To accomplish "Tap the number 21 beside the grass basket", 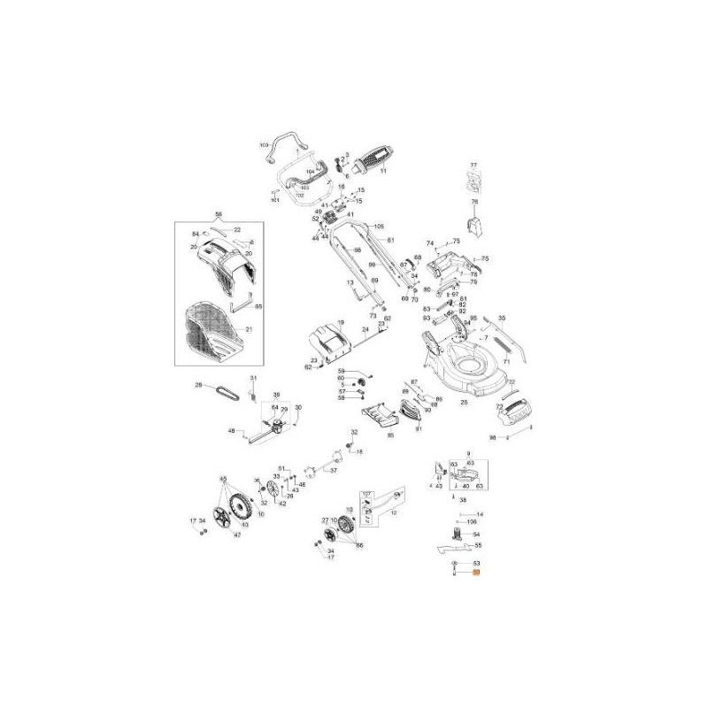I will pyautogui.click(x=249, y=329).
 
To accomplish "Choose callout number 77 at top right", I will pyautogui.click(x=473, y=165).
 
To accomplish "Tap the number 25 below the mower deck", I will pyautogui.click(x=464, y=402).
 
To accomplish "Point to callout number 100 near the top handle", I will pyautogui.click(x=263, y=144).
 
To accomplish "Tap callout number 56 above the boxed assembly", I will pyautogui.click(x=218, y=213).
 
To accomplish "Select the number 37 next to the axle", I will pyautogui.click(x=334, y=472).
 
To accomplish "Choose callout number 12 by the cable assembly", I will pyautogui.click(x=393, y=513).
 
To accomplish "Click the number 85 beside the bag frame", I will pyautogui.click(x=258, y=306).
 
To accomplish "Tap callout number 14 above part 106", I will pyautogui.click(x=481, y=514).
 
